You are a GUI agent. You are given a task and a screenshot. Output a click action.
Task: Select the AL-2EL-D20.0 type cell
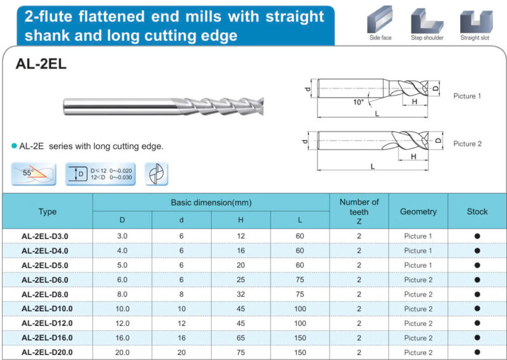47,352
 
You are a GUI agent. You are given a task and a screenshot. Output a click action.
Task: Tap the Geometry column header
418,212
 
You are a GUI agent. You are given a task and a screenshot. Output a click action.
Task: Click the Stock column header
477,212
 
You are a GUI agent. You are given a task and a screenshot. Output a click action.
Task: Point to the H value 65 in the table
241,338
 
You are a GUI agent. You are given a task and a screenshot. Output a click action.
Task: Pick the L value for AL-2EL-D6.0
300,280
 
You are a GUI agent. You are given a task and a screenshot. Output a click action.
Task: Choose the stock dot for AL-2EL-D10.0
477,309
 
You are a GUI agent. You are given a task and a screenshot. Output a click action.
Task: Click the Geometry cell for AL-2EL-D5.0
418,266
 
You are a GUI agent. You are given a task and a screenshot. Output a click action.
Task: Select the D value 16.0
122,338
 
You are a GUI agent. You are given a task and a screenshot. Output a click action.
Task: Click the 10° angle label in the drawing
358,102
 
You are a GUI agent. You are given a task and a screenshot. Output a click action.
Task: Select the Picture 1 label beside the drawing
467,96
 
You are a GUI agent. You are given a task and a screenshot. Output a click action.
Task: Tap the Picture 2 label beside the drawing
467,144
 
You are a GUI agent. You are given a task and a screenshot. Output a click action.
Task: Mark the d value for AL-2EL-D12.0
181,323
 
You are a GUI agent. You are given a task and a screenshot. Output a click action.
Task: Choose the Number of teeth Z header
359,212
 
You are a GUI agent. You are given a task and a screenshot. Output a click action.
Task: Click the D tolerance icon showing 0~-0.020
98,174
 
